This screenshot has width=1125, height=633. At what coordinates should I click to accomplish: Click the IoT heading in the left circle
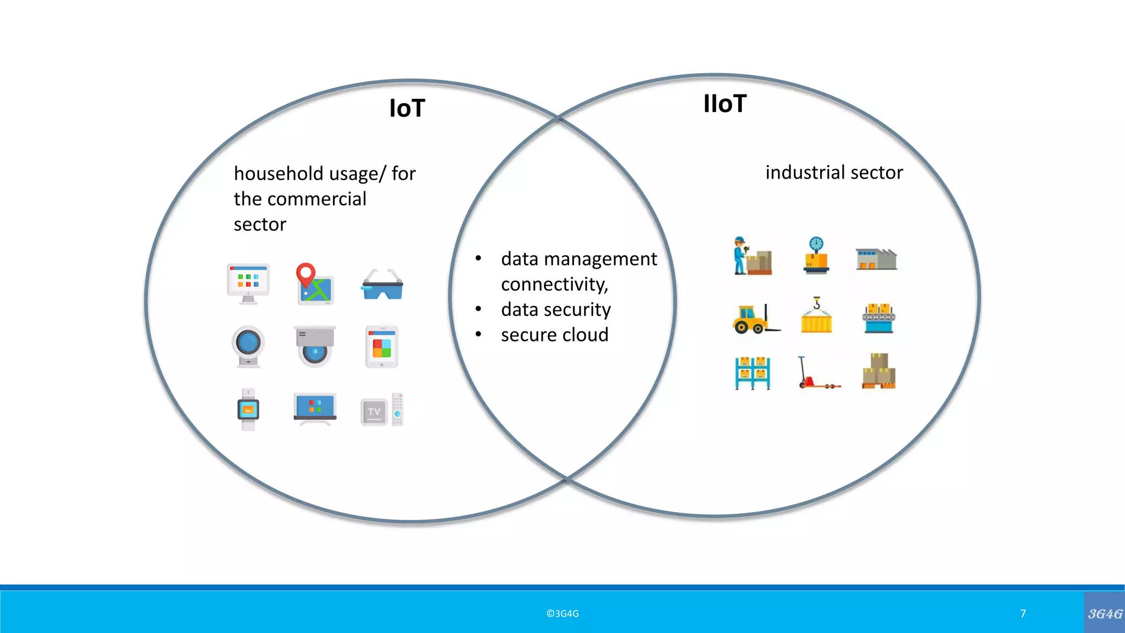(x=407, y=108)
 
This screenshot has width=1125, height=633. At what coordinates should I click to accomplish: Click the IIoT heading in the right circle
(x=725, y=104)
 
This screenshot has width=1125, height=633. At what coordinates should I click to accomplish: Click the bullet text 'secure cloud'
(x=554, y=335)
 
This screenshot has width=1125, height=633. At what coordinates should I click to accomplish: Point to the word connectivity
(x=554, y=284)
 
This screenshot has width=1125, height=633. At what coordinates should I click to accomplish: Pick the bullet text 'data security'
(x=555, y=309)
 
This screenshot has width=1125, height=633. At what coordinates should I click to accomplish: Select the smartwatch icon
(x=248, y=409)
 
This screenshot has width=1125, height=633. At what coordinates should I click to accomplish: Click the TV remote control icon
(x=398, y=409)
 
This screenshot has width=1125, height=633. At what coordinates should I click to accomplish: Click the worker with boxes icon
(x=752, y=256)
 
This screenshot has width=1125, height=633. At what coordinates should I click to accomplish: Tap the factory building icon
(x=876, y=259)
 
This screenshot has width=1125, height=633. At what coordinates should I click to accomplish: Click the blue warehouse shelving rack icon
(x=753, y=373)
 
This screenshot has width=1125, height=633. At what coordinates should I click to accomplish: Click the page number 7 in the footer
(x=1023, y=614)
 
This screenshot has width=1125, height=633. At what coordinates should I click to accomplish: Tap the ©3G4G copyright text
(x=562, y=614)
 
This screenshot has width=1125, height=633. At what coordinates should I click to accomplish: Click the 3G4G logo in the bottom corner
(x=1105, y=614)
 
